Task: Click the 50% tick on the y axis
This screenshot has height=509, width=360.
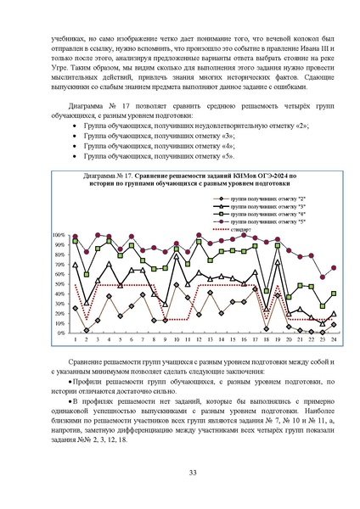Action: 59,283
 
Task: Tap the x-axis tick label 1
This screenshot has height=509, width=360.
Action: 76,339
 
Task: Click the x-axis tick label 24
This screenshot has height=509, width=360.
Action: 334,339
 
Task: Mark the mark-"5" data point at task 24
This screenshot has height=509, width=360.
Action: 334,267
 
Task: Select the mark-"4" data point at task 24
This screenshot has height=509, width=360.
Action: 334,294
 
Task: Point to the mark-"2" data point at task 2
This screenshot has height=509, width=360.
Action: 87,330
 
